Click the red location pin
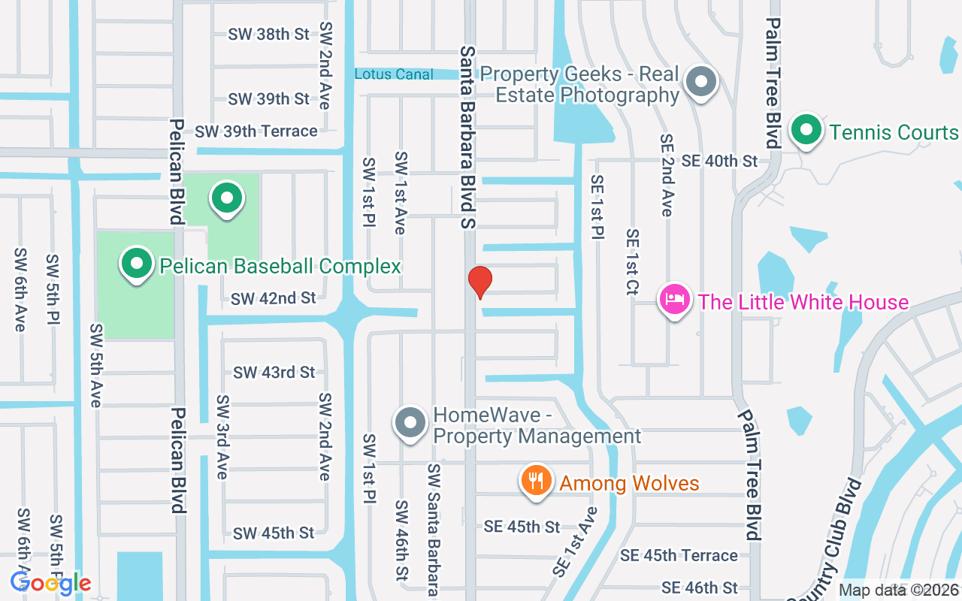tap(479, 282)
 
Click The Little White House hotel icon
tap(675, 300)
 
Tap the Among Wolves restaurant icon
tap(536, 481)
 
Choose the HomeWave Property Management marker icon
tap(410, 422)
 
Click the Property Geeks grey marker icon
tap(700, 80)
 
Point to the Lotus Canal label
tap(394, 74)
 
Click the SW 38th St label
tap(269, 34)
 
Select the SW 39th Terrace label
tap(256, 131)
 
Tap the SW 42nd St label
tap(274, 298)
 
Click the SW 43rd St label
tap(274, 372)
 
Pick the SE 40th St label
tap(720, 161)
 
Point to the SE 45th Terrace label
tap(679, 555)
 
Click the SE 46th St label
tap(699, 587)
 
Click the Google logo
tap(51, 583)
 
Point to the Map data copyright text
tap(899, 590)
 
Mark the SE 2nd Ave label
tap(666, 175)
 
